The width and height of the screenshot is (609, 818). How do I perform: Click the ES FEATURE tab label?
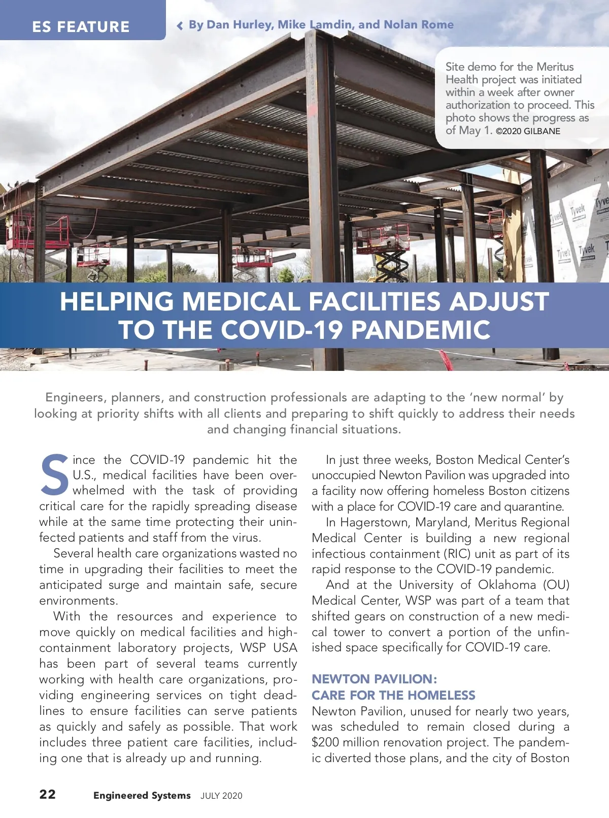[81, 26]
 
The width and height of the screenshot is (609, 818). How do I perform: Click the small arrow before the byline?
[180, 26]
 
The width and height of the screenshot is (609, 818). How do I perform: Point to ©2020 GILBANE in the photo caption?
[528, 131]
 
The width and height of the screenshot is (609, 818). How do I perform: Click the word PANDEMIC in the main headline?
[420, 330]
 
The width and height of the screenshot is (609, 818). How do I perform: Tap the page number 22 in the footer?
[48, 794]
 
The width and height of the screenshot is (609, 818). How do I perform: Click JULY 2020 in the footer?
[221, 796]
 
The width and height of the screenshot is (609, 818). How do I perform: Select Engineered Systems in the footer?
[142, 796]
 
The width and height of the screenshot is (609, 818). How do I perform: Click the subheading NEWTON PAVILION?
[374, 679]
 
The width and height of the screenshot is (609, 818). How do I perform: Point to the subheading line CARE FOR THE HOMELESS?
[393, 695]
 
